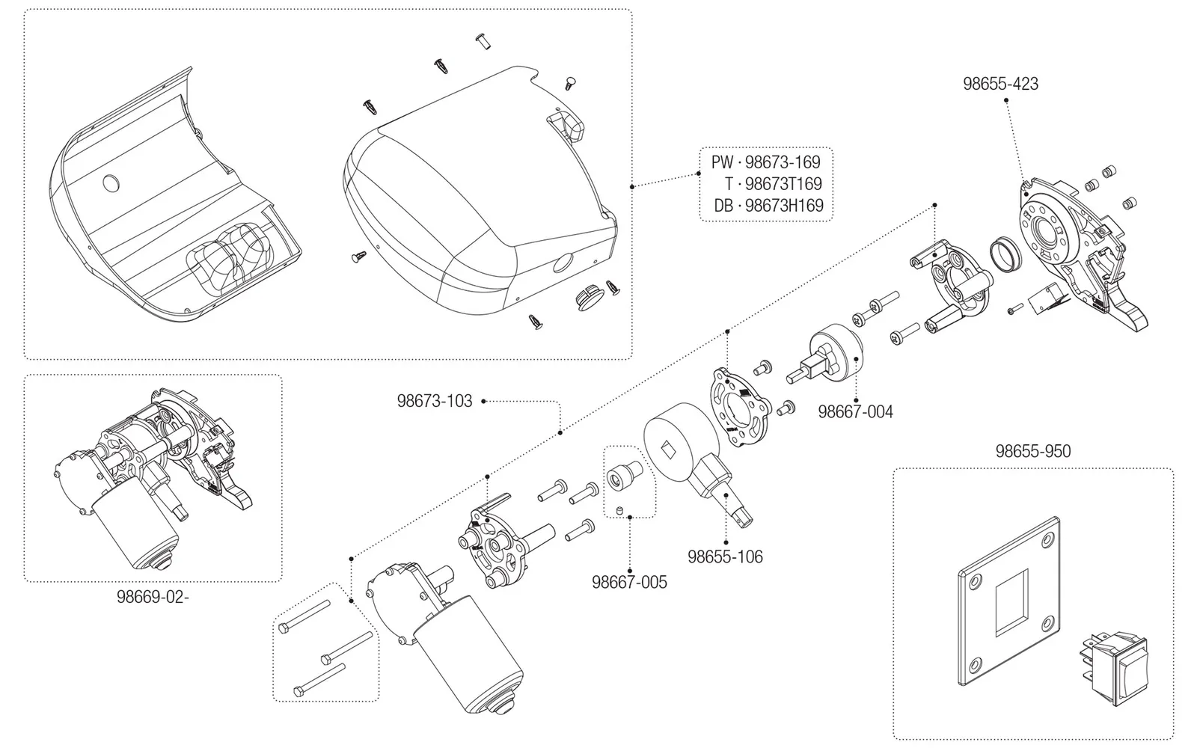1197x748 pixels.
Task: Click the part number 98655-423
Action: (1000, 84)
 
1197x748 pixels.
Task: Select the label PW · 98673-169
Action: (765, 162)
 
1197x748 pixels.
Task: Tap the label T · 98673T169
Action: (773, 184)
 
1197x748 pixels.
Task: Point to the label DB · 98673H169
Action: (768, 206)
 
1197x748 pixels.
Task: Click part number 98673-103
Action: (435, 401)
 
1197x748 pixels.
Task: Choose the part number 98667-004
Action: (855, 411)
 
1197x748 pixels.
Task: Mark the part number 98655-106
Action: (725, 557)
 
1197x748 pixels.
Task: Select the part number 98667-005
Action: (629, 582)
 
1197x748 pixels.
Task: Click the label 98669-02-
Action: (153, 598)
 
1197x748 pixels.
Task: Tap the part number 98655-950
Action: (1032, 452)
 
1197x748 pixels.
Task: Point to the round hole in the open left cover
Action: (111, 183)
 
